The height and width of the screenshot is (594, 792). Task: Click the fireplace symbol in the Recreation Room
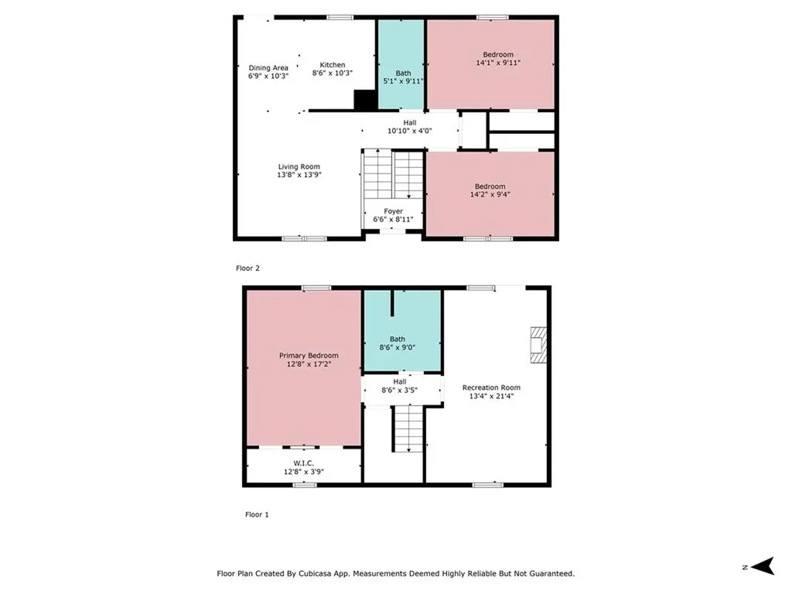tap(538, 344)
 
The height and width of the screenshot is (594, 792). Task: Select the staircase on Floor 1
tap(408, 429)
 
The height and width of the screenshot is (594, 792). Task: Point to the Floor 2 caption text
tap(247, 268)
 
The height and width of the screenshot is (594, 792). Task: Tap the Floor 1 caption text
tap(257, 514)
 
